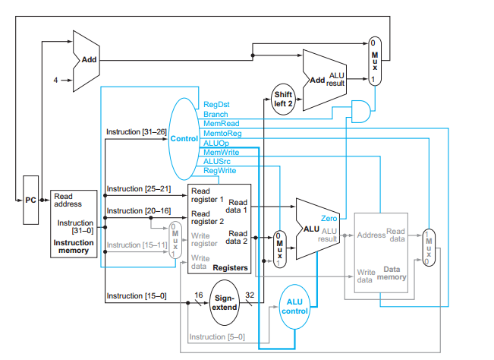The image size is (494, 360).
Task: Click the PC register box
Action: tap(30, 199)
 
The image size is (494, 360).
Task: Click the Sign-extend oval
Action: tap(224, 303)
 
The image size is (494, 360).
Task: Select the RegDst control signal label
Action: tap(216, 105)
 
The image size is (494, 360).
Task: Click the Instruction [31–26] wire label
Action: tap(136, 131)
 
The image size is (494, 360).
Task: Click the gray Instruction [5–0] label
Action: tap(216, 336)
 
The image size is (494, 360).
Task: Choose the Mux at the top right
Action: tap(373, 59)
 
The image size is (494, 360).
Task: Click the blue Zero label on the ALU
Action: tap(329, 218)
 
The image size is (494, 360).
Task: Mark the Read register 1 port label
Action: tap(207, 194)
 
